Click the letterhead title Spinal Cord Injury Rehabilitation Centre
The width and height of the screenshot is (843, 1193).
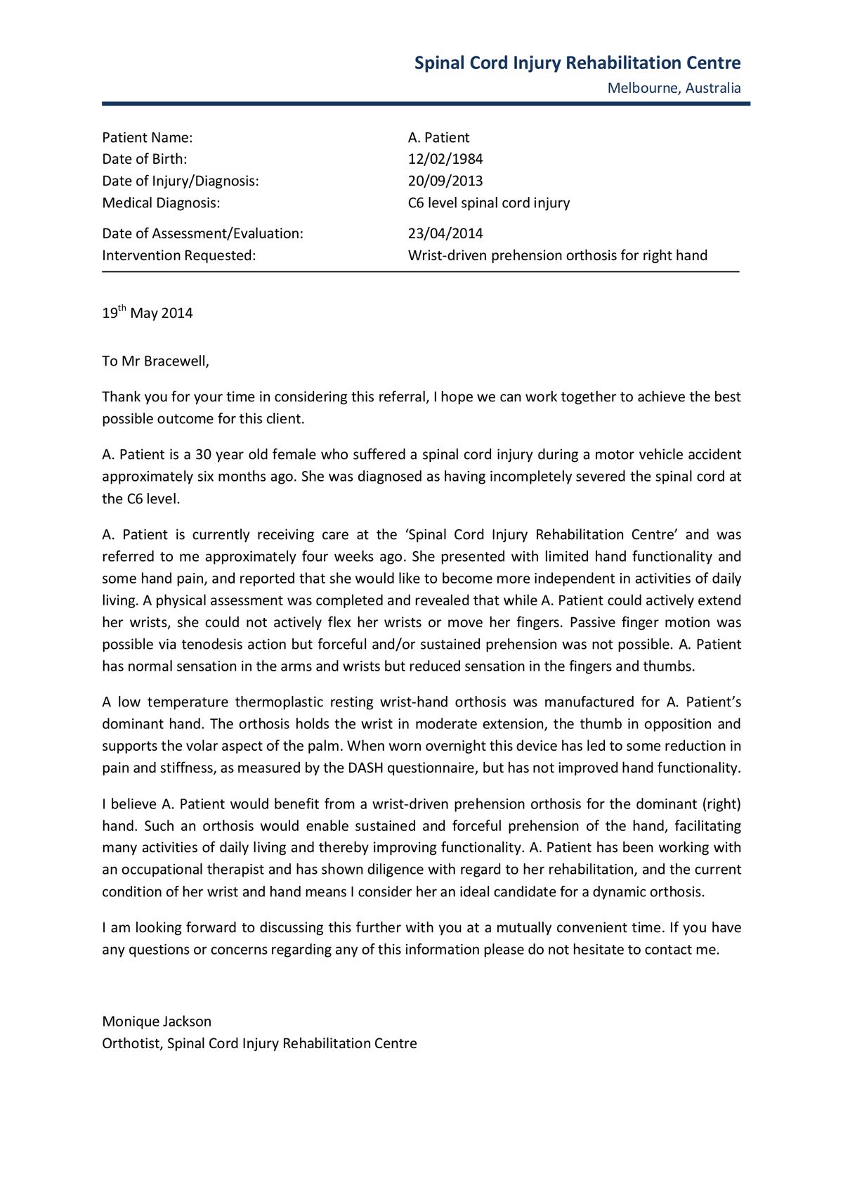pyautogui.click(x=577, y=63)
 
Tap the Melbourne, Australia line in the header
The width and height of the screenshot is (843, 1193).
pyautogui.click(x=674, y=88)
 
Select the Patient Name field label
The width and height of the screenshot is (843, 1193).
pyautogui.click(x=148, y=138)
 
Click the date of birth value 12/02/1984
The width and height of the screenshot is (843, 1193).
pyautogui.click(x=445, y=159)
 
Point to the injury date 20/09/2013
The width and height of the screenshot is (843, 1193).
pyautogui.click(x=445, y=181)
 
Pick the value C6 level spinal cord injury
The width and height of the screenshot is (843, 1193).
pyautogui.click(x=489, y=203)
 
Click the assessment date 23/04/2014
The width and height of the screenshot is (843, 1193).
pyautogui.click(x=445, y=233)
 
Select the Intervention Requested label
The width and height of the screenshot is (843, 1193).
pyautogui.click(x=179, y=255)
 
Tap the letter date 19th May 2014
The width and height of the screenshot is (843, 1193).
pyautogui.click(x=148, y=313)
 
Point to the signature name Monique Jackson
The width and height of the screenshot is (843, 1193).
pyautogui.click(x=157, y=1021)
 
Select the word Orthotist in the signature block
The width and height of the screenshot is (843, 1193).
pyautogui.click(x=132, y=1043)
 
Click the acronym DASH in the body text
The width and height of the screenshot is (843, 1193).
pyautogui.click(x=365, y=768)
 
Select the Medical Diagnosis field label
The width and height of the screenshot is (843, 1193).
pyautogui.click(x=161, y=203)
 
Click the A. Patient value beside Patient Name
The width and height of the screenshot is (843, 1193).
pyautogui.click(x=438, y=138)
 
